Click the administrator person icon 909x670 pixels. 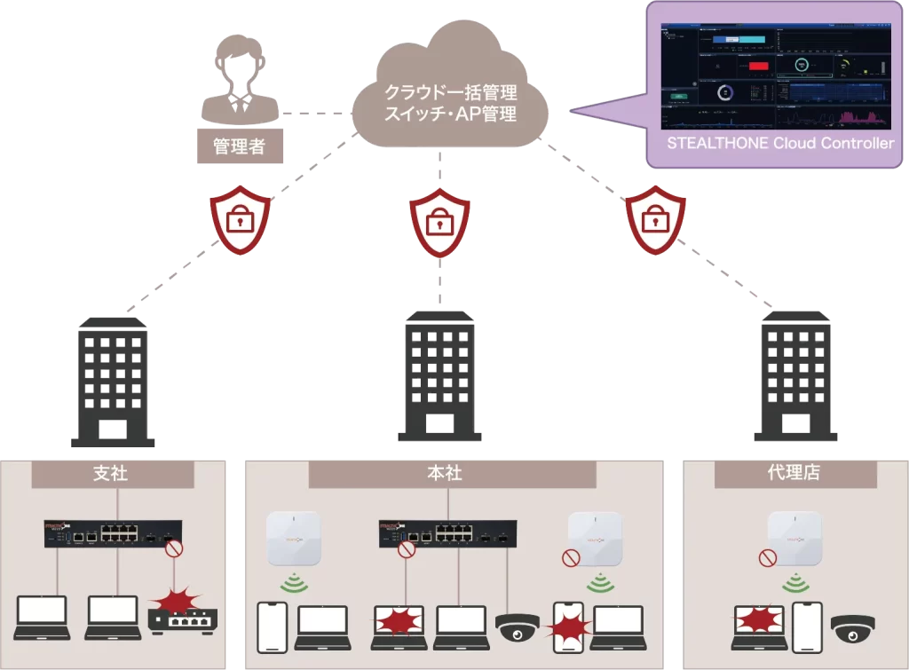[x=238, y=84]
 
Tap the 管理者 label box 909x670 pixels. [x=240, y=146]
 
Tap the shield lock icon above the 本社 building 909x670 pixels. [x=439, y=222]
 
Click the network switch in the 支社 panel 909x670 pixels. [x=113, y=534]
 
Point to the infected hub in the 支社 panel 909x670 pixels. [x=182, y=613]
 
